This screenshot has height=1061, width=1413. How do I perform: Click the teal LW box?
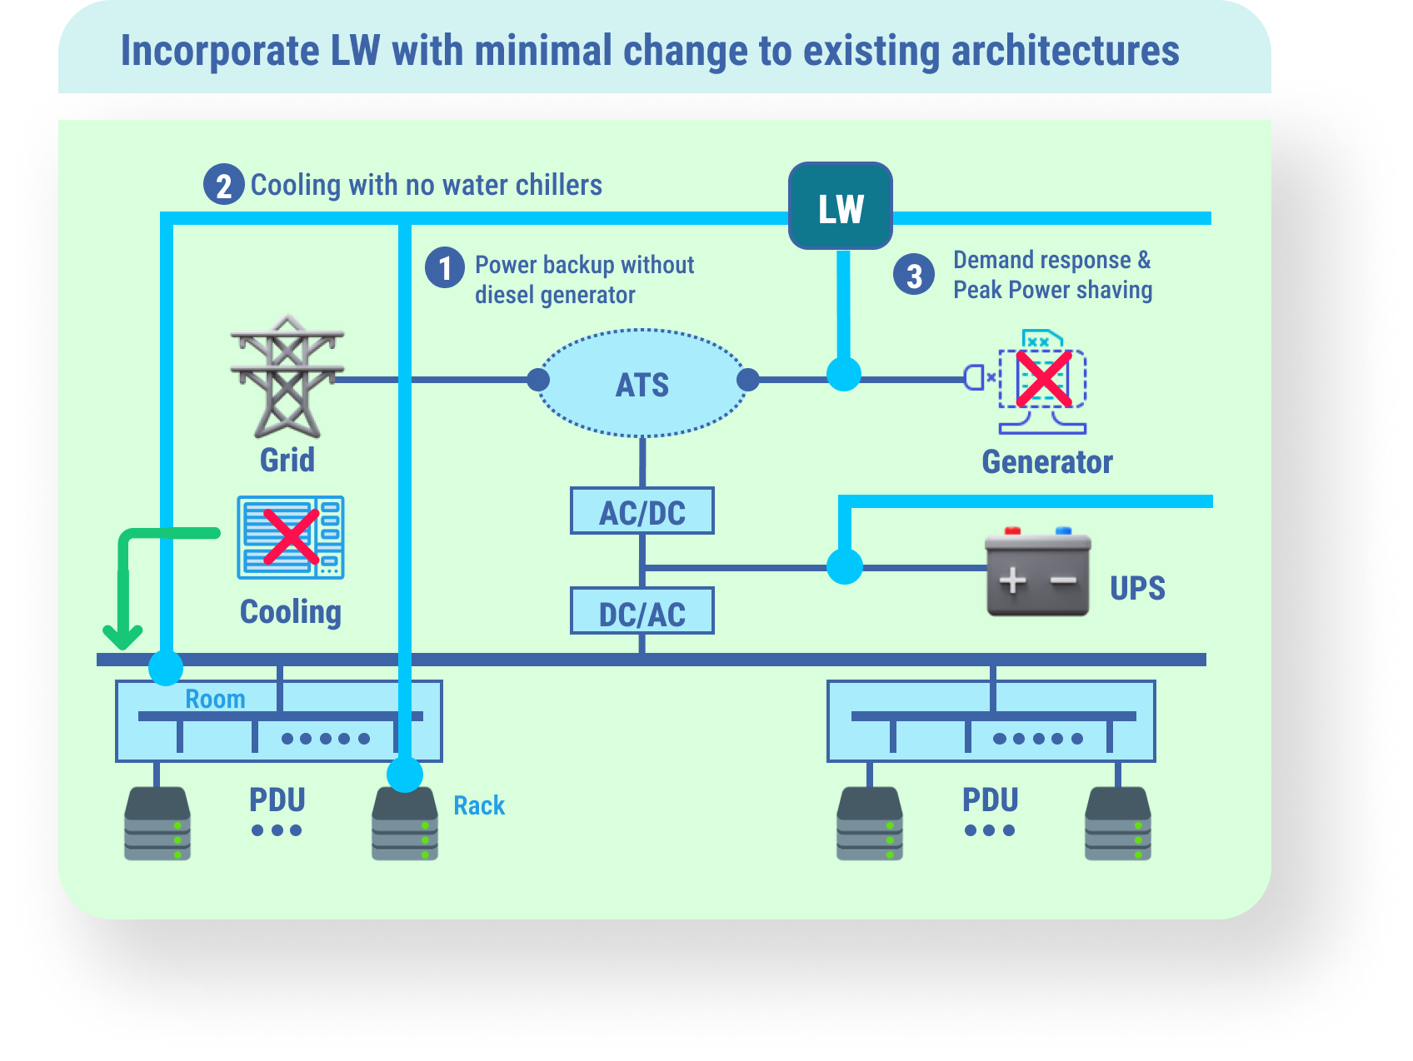tap(841, 207)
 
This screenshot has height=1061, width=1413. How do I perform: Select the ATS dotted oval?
tap(642, 384)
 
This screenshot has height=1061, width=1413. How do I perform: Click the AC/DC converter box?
tap(642, 511)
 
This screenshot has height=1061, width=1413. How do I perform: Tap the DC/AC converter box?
tap(642, 611)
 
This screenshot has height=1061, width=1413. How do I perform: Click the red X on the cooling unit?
tap(291, 536)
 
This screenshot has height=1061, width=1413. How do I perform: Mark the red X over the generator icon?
tap(1043, 378)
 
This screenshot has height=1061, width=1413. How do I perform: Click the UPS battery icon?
tap(1037, 575)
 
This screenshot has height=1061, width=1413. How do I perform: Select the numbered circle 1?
tap(445, 268)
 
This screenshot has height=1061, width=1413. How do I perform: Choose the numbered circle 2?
tap(223, 185)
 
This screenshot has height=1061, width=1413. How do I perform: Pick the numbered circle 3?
tap(914, 275)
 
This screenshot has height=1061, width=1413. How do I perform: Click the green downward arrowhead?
tap(123, 637)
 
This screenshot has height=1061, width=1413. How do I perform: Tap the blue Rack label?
tap(479, 805)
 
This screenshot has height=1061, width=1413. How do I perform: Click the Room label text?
tap(215, 699)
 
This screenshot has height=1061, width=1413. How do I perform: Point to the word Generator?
tap(1047, 462)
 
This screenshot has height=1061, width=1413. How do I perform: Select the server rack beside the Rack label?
tap(405, 824)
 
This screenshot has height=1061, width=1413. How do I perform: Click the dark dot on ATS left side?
tap(539, 380)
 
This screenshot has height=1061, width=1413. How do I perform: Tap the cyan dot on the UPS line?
tap(845, 566)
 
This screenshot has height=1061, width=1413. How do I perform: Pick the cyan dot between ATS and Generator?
tap(843, 375)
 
